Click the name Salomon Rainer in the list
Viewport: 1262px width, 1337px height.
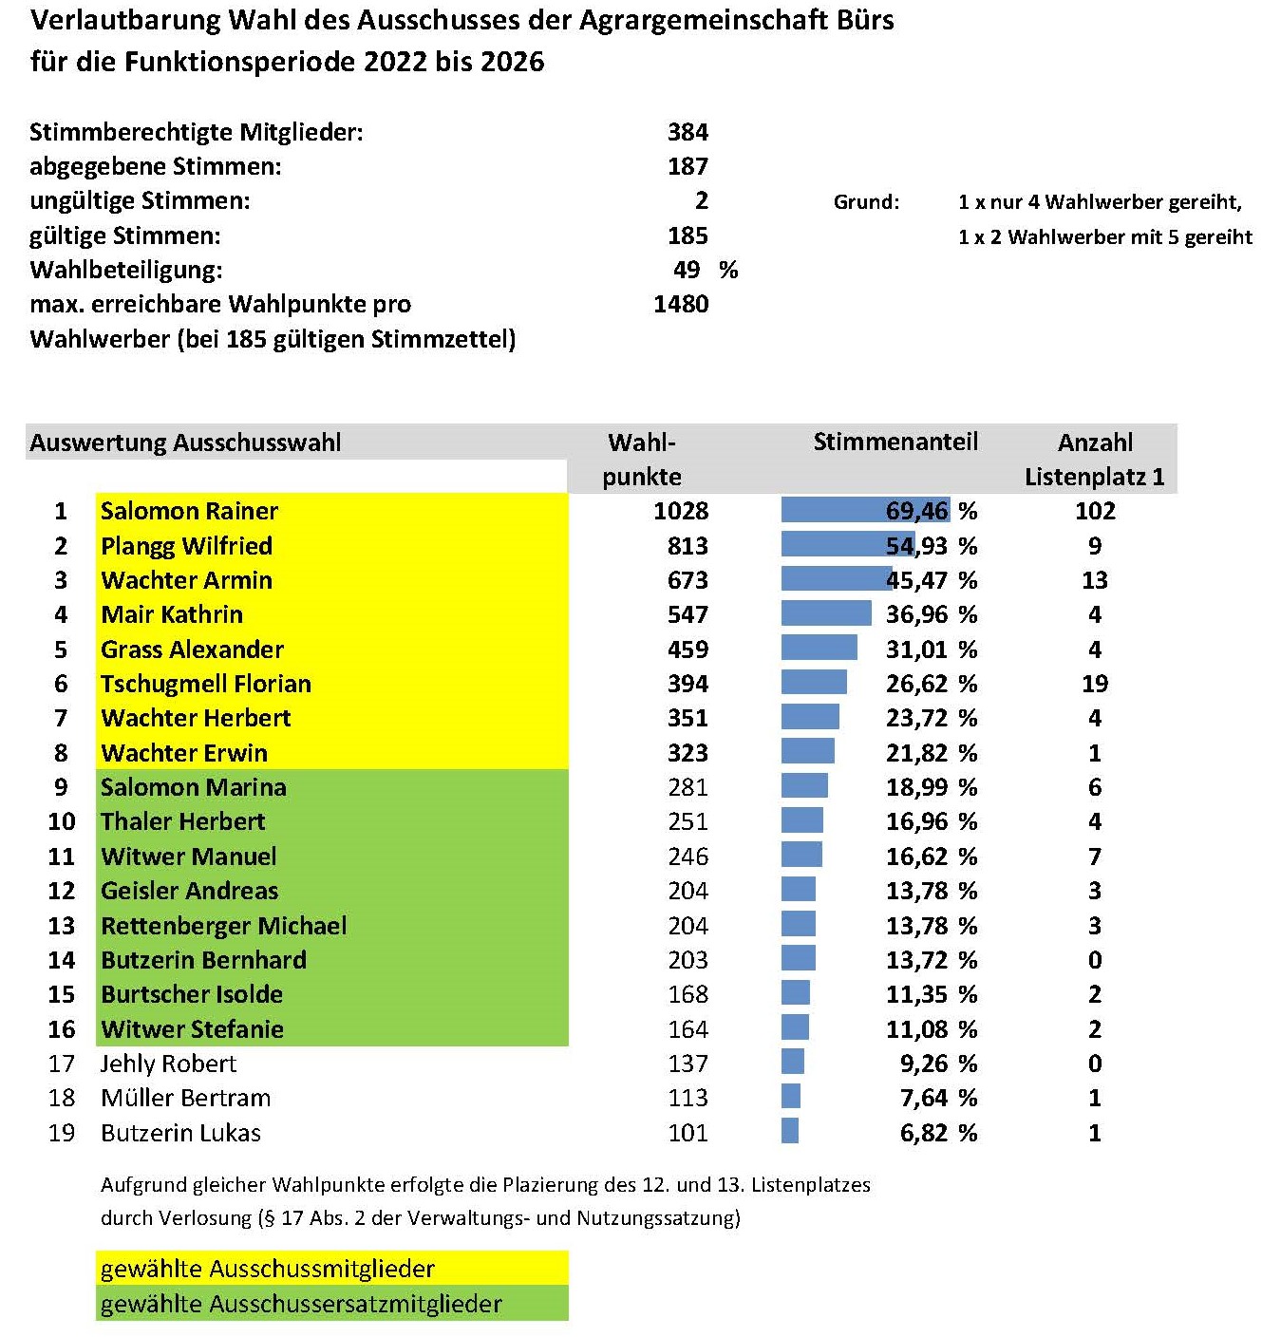point(189,511)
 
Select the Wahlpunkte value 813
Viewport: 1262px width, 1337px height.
point(688,546)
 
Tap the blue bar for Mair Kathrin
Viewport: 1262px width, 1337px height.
point(826,614)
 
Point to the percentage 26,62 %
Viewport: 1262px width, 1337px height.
point(932,684)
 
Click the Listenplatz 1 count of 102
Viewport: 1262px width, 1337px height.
point(1095,511)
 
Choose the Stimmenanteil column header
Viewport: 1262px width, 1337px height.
point(895,443)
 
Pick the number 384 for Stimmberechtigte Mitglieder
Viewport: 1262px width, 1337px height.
point(688,132)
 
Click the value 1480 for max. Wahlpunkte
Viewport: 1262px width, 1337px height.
point(681,304)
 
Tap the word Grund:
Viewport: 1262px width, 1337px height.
point(866,202)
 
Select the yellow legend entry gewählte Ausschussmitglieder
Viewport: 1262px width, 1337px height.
point(268,1269)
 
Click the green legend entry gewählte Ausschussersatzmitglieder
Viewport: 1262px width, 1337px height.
point(301,1304)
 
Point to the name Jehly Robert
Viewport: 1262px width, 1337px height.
point(168,1064)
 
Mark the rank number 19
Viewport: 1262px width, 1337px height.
point(62,1133)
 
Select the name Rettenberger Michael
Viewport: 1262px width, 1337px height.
point(223,926)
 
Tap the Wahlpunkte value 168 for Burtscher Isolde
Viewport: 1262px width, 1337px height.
point(688,994)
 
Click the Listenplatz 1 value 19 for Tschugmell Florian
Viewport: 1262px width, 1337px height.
point(1095,684)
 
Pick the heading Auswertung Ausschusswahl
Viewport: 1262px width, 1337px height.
point(185,443)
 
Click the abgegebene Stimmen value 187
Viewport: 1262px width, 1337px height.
point(688,166)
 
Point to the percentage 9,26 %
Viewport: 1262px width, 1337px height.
point(939,1064)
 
